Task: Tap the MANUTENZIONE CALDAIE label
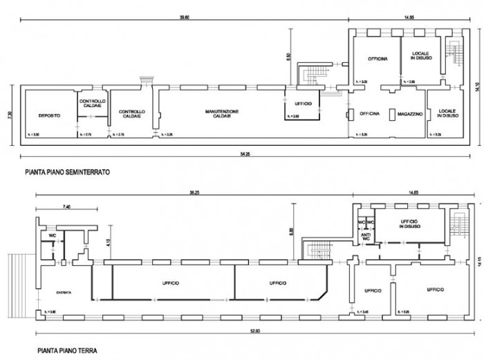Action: pyautogui.click(x=225, y=113)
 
